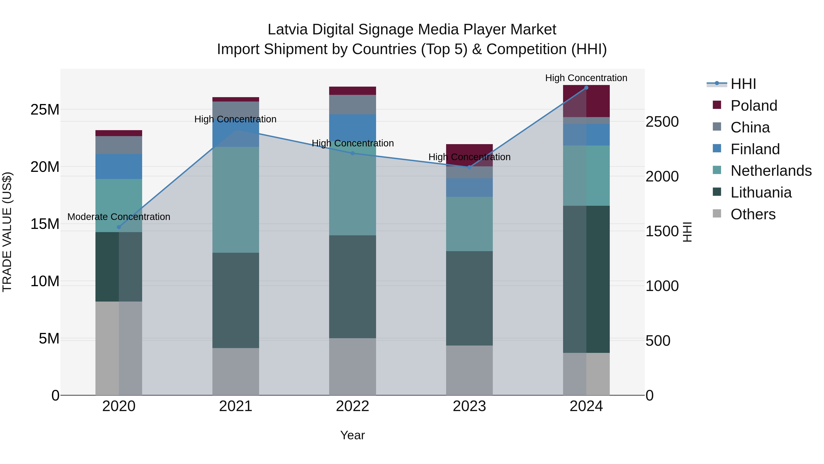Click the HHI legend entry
(743, 84)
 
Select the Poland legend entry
(753, 106)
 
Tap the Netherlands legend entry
(771, 171)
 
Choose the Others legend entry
(753, 214)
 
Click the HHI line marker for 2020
(119, 227)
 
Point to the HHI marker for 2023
(469, 167)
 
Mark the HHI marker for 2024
(586, 88)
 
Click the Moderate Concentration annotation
(119, 217)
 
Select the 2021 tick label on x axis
(236, 406)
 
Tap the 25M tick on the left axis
(45, 110)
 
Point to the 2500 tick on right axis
(662, 122)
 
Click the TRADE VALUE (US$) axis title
(7, 232)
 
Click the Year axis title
(352, 435)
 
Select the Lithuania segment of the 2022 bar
(352, 287)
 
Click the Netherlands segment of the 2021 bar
(236, 200)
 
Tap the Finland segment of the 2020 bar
(119, 167)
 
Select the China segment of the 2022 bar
(352, 104)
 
